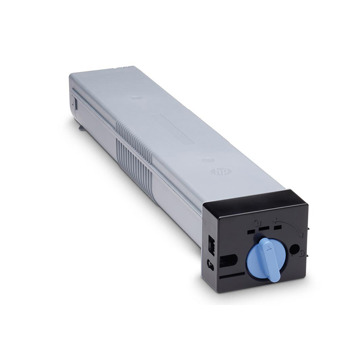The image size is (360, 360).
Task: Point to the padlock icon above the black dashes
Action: (256, 222)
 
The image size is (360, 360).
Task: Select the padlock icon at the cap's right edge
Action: (301, 254)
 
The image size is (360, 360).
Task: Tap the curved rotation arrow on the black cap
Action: (289, 227)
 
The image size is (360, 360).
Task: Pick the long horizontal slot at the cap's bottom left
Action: (232, 275)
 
